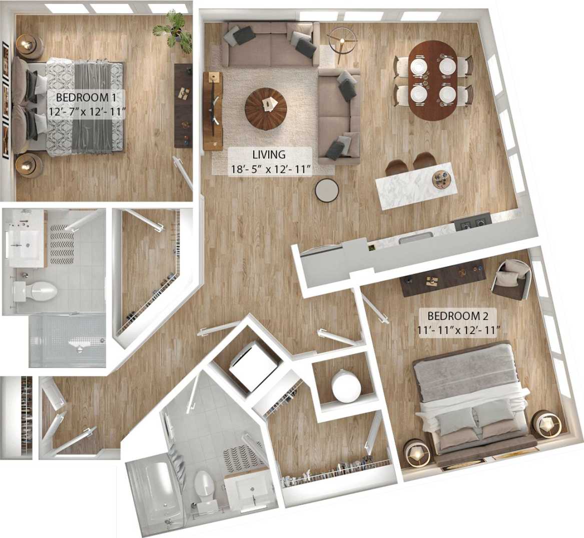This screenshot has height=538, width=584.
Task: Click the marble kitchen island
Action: tap(415, 185)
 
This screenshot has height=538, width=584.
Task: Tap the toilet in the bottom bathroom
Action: tap(204, 485)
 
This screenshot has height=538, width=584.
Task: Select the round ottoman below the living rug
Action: tap(328, 190)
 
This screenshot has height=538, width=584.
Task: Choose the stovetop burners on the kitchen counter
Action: tap(471, 222)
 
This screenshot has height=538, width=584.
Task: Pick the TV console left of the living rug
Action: tap(213, 110)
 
